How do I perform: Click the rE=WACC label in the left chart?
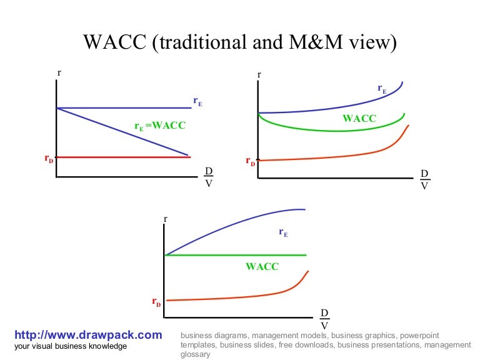pos(160,126)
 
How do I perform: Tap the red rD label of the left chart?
pos(49,159)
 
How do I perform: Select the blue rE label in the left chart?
pos(197,101)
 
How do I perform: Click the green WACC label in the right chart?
pos(359,118)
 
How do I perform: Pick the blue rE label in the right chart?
pos(382,90)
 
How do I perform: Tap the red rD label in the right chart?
pos(250,162)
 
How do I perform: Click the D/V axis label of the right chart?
pos(424,179)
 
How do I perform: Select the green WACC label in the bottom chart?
pos(262,266)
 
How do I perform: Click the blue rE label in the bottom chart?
pos(283,232)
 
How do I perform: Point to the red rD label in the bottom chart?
pos(156,302)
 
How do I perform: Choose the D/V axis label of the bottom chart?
pos(324,319)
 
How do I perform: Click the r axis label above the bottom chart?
pos(166,219)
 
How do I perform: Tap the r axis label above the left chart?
pos(59,73)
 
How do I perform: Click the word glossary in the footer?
pos(195,354)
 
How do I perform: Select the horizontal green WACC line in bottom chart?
pos(237,255)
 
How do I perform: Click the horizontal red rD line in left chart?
pos(125,157)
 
